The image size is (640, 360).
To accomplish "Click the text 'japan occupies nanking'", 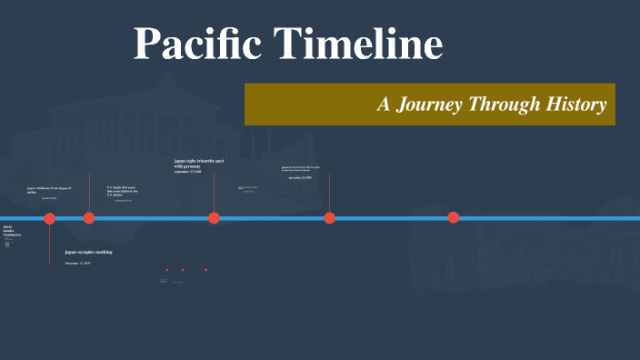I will click(x=88, y=251).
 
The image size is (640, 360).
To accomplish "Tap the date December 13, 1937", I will click(x=77, y=263).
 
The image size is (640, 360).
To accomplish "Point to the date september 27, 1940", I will click(x=188, y=172).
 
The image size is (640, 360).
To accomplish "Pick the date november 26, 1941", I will click(x=300, y=178).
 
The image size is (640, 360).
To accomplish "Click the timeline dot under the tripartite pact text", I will click(x=214, y=217).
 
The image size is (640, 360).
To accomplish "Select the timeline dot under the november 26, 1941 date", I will click(x=330, y=217).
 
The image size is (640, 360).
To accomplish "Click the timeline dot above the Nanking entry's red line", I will click(x=50, y=217).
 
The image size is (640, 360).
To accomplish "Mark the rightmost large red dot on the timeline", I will click(x=454, y=217).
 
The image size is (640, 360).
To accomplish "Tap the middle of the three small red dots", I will click(x=183, y=269).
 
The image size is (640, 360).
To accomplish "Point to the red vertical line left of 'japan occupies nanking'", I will click(x=50, y=245).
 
